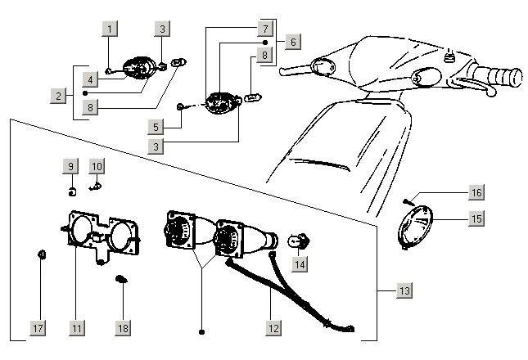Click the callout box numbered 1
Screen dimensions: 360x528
click(x=109, y=29)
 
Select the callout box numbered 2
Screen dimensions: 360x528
click(x=59, y=96)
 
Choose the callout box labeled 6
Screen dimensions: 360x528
click(x=294, y=39)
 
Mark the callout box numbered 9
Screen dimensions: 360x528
click(x=70, y=166)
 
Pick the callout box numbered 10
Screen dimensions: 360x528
click(x=97, y=166)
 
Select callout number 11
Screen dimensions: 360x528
click(x=76, y=328)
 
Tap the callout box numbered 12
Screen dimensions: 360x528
click(x=273, y=328)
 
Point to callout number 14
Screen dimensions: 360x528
click(x=300, y=264)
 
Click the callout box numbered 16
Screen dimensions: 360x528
click(x=476, y=192)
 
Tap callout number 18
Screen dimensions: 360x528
click(x=123, y=328)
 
